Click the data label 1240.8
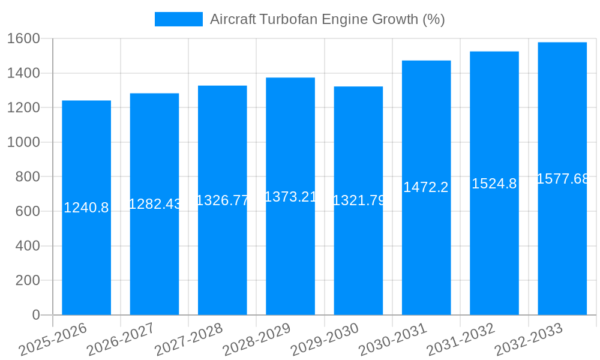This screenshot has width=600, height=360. coord(86,208)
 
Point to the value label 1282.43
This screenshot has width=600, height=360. coord(155,204)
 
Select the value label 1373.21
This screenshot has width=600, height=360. coord(290,196)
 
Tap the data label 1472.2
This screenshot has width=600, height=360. coord(426,187)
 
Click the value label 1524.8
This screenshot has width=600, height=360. coord(494,184)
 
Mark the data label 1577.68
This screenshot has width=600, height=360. coord(563,179)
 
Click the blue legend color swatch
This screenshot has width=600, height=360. coord(179,19)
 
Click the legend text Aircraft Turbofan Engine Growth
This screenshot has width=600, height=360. coord(327,19)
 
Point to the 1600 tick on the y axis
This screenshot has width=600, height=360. coord(23,38)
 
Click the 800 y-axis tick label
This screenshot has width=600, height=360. coord(28,177)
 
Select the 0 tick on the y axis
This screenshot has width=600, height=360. coord(36,315)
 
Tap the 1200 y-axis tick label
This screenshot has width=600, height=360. coord(23,108)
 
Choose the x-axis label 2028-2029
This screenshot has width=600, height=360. coord(257,340)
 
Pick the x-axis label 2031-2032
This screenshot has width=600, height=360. coord(461,340)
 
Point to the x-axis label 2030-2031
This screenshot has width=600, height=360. coord(393,340)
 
